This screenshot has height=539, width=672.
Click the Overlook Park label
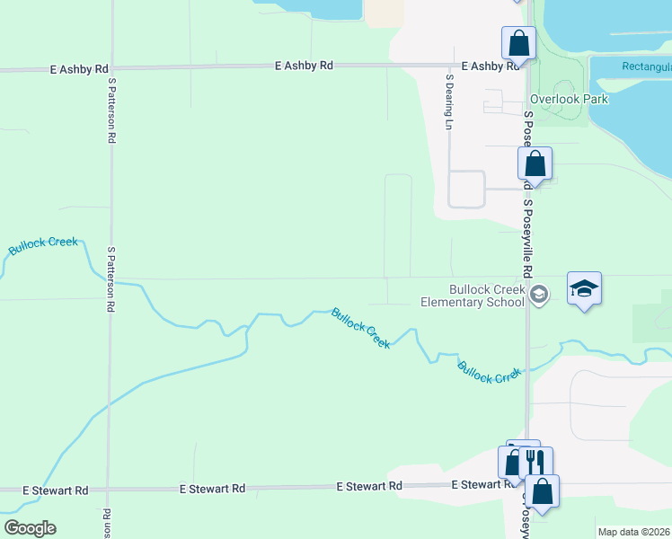point(569,99)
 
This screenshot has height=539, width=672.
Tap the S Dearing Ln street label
point(448,102)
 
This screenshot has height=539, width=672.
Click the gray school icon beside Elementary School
point(539,295)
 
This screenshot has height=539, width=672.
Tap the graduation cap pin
point(584,289)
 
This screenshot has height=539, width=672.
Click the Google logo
point(30,528)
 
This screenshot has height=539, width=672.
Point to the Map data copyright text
point(634,532)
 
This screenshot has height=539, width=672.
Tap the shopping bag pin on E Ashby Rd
point(518,42)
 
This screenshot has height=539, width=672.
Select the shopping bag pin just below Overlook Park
point(535,164)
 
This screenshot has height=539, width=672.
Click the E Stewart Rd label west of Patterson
point(56,490)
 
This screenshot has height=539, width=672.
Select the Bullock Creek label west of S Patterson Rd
point(43,245)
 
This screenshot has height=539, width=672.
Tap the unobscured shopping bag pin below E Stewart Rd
point(543,491)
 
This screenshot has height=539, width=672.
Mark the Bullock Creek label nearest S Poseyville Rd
point(489,372)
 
